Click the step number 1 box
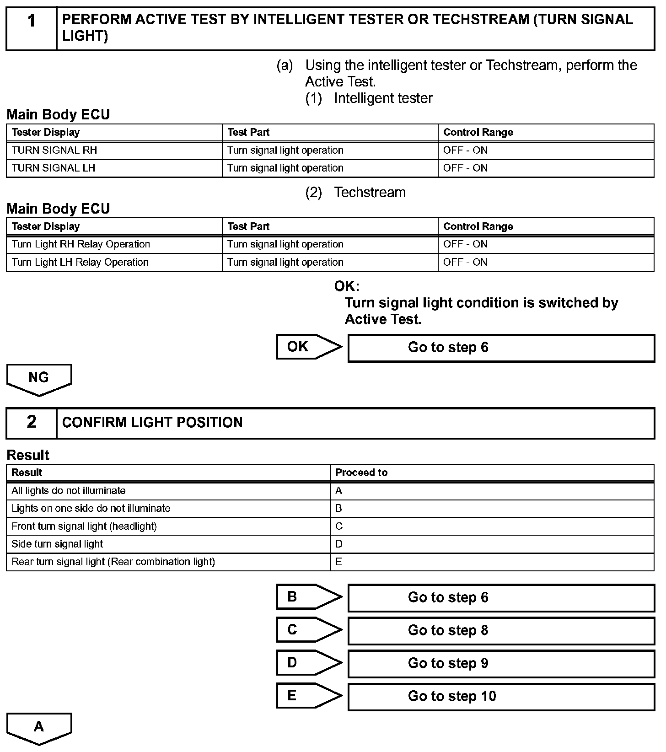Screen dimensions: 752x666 click(x=31, y=28)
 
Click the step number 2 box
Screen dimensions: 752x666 click(x=31, y=423)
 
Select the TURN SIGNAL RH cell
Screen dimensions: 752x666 click(x=114, y=150)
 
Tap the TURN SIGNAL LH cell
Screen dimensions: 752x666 click(x=114, y=168)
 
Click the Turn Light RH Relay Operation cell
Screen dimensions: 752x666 click(x=114, y=244)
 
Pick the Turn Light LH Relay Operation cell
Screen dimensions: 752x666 click(x=114, y=262)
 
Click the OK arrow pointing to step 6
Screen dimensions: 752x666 click(x=308, y=347)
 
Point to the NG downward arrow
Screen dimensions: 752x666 click(x=39, y=379)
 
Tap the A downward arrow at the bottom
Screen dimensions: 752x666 click(x=39, y=728)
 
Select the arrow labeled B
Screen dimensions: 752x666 click(x=308, y=597)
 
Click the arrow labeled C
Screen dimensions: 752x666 click(x=308, y=630)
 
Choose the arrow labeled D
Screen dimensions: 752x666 click(x=308, y=663)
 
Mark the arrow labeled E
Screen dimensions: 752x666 click(x=308, y=696)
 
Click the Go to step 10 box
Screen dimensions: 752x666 click(x=501, y=697)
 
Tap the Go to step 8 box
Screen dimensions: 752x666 click(x=501, y=631)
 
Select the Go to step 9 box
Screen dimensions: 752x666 click(x=501, y=664)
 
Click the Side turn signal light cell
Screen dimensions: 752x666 click(x=168, y=544)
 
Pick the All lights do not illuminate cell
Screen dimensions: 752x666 click(x=168, y=491)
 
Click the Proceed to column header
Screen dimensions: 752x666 click(x=492, y=473)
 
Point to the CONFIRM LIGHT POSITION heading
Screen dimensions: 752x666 click(x=152, y=423)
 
